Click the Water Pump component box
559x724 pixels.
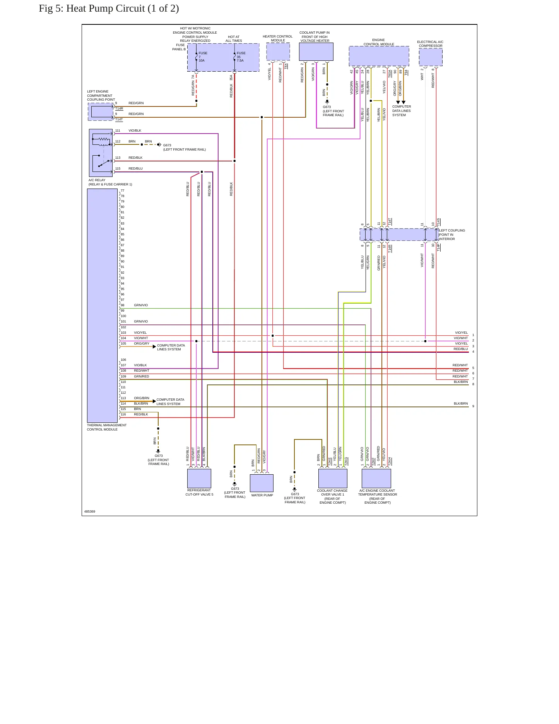262,483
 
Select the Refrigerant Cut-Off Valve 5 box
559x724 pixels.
199,479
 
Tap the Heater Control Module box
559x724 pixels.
278,51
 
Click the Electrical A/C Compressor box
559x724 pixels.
431,57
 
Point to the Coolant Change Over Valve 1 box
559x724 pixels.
333,479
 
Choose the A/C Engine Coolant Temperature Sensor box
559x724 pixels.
376,479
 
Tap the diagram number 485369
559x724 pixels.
90,511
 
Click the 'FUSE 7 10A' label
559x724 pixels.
203,57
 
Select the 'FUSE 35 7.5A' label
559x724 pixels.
241,57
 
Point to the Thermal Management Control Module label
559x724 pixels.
106,427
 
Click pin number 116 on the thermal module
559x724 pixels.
123,414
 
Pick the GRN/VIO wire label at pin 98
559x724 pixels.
141,305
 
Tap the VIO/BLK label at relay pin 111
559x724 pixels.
135,130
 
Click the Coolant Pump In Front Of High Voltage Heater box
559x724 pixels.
316,51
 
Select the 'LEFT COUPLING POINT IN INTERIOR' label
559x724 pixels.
452,235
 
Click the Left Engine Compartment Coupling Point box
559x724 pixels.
101,112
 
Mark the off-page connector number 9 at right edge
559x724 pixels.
473,406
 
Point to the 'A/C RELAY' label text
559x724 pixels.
97,180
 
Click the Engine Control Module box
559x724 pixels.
379,56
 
